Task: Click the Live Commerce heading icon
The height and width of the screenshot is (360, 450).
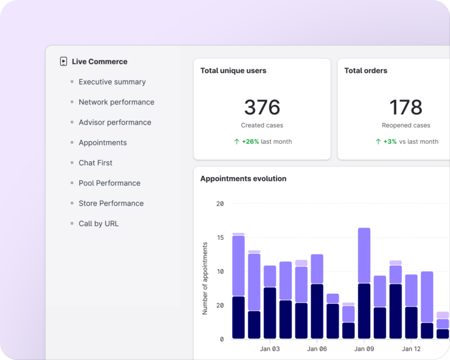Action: click(x=63, y=62)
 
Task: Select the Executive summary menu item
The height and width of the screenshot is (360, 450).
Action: click(x=112, y=82)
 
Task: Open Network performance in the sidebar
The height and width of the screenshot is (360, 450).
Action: click(x=116, y=102)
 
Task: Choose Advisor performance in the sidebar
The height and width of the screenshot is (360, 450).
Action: click(x=115, y=123)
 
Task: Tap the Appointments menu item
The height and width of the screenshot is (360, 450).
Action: click(x=103, y=142)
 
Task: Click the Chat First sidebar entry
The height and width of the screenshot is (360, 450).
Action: click(x=96, y=163)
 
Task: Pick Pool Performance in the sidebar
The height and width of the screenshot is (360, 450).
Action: click(x=110, y=183)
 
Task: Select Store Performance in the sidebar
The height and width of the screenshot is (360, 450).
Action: click(x=111, y=203)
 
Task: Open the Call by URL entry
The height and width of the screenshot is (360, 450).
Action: click(x=98, y=223)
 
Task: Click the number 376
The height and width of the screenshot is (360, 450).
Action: click(x=262, y=107)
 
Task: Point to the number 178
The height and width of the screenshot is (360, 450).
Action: click(x=405, y=107)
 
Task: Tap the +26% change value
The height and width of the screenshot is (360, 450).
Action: click(x=250, y=141)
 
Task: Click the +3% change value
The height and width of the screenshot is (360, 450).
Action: click(x=390, y=141)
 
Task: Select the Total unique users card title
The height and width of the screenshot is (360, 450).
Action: click(x=233, y=71)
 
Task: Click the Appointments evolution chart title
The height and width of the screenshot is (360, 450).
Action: click(x=243, y=179)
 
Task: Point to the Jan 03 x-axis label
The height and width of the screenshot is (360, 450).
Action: click(x=270, y=349)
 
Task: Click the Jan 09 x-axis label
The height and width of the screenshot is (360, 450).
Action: click(x=364, y=349)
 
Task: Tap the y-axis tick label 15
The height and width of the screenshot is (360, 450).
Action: click(x=220, y=237)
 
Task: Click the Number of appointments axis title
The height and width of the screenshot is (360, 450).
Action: click(x=205, y=278)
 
